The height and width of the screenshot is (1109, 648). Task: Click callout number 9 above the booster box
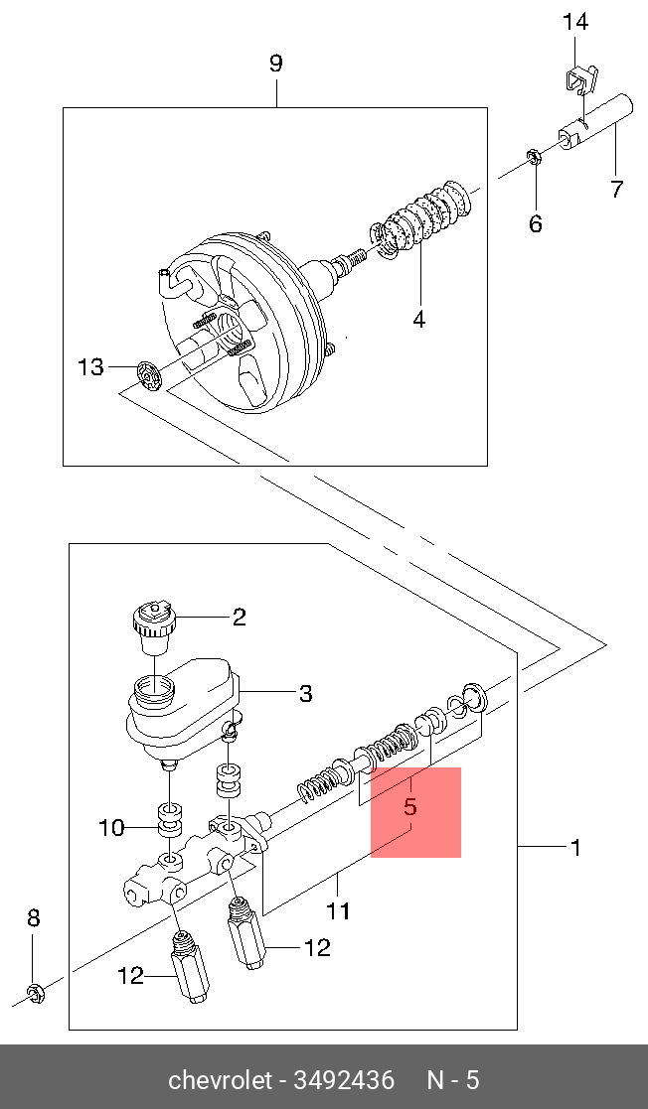(276, 64)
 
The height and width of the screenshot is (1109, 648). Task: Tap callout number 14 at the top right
(575, 21)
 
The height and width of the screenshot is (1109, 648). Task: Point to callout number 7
(616, 188)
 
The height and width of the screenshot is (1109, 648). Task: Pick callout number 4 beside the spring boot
(418, 319)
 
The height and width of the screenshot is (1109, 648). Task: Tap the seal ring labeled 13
(148, 375)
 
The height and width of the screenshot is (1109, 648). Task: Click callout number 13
(90, 367)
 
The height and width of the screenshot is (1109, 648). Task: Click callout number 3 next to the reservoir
(306, 693)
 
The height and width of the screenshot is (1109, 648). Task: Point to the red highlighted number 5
(409, 807)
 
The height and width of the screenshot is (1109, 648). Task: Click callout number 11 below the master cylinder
(338, 910)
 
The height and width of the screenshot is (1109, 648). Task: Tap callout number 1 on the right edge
(574, 847)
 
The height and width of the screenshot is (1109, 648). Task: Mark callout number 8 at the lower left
(33, 918)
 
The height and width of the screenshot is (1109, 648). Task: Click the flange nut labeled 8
(34, 990)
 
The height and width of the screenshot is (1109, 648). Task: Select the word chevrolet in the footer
(218, 1079)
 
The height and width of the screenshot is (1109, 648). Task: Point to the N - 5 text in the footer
(452, 1079)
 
